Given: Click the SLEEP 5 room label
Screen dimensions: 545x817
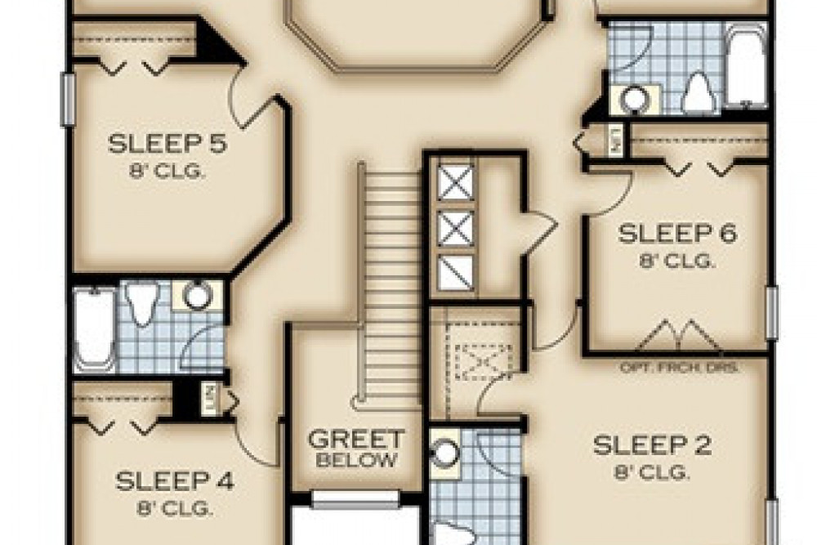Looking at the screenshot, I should pos(167,145).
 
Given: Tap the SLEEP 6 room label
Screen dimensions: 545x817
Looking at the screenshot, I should pos(677,234).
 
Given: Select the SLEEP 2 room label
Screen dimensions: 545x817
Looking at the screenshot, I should pos(652,446).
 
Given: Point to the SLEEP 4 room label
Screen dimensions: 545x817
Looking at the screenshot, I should pos(175,480).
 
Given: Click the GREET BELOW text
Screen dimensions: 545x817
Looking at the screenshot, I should pos(355,449).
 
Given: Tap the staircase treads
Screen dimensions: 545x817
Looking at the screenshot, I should pos(392,278).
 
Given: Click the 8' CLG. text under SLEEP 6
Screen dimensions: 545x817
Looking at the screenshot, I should pos(677,261).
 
